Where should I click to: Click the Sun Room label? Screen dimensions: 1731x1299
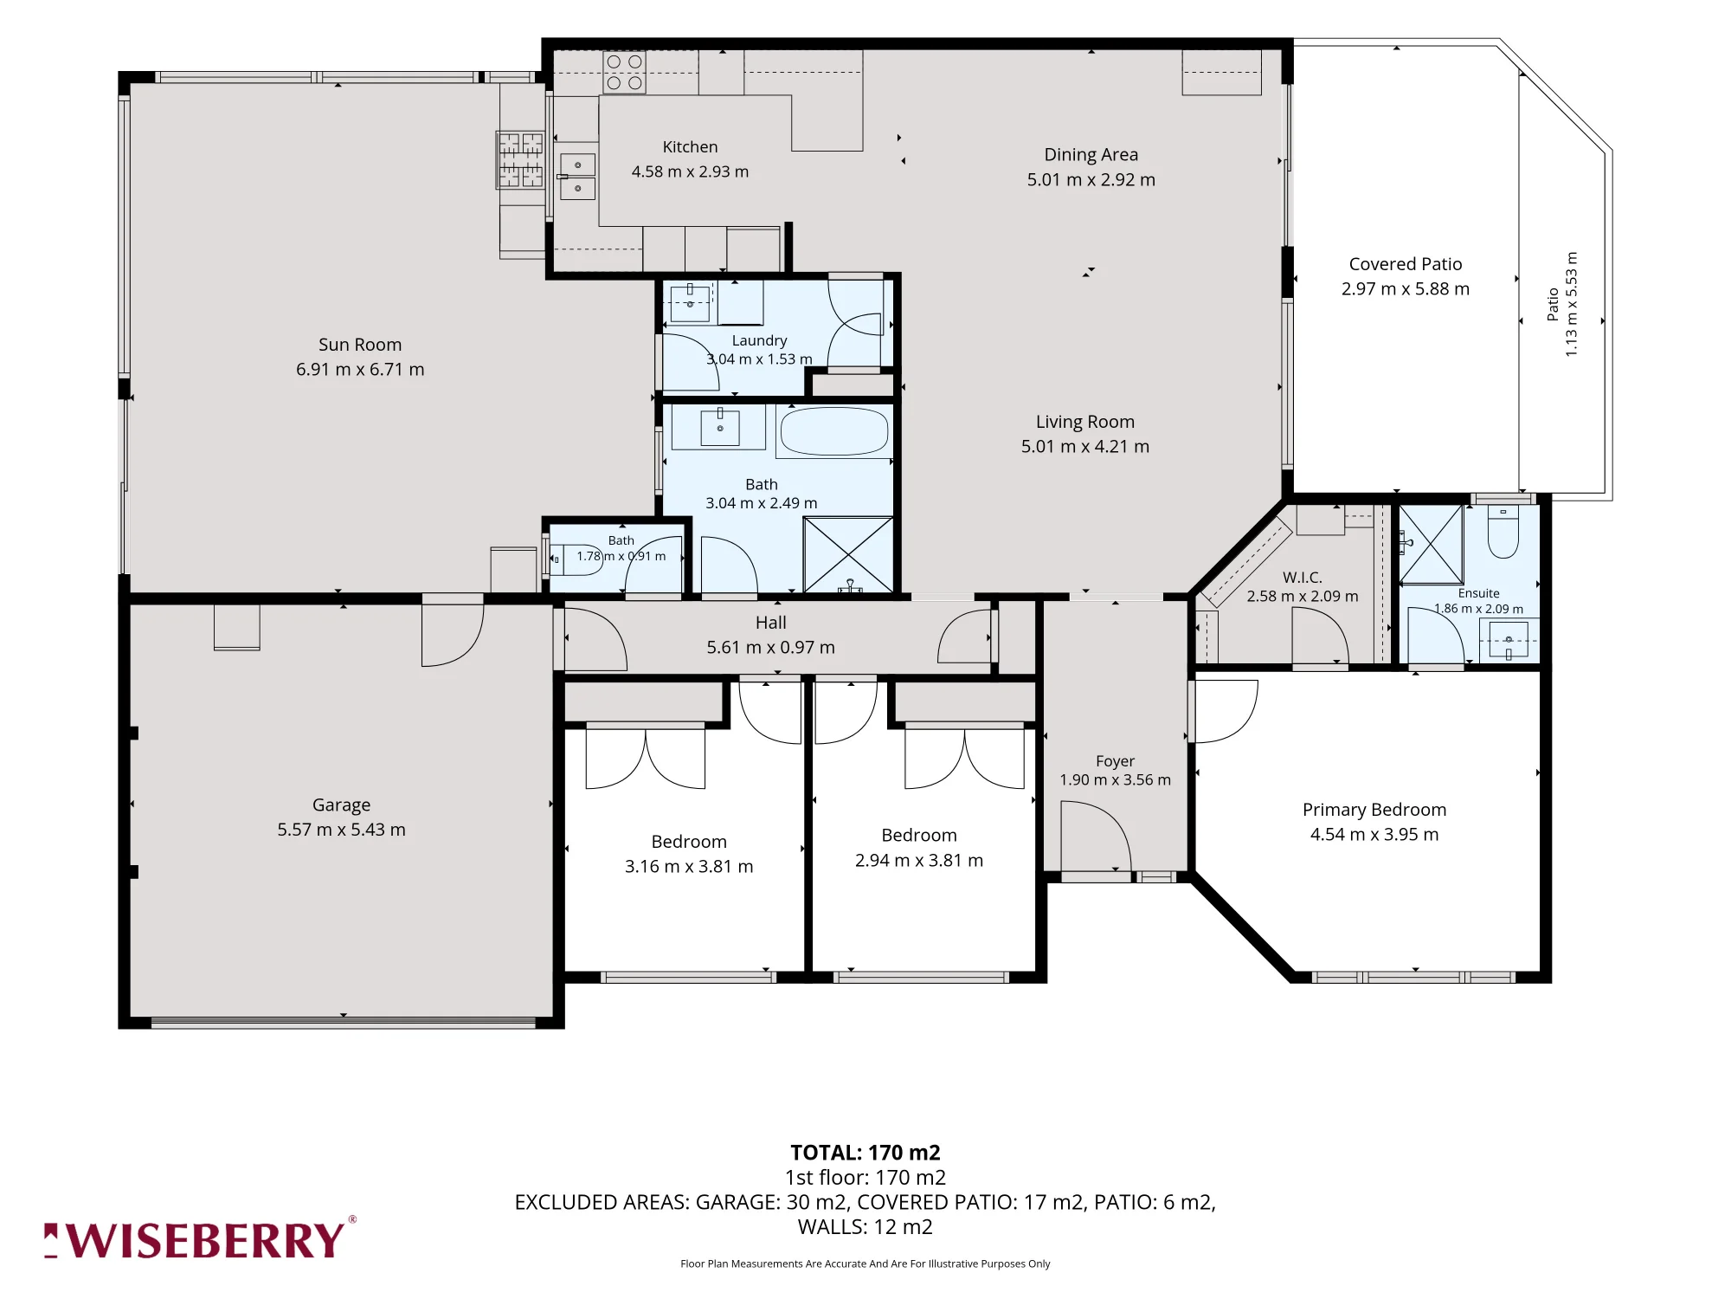(x=360, y=345)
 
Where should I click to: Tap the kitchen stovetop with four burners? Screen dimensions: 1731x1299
(x=624, y=73)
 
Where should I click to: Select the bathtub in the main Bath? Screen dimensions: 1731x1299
(x=833, y=431)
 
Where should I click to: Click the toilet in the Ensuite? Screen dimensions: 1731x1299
(x=1503, y=532)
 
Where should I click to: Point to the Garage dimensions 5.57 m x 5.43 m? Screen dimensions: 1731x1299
(x=341, y=830)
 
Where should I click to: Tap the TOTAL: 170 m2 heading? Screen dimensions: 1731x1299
(x=865, y=1153)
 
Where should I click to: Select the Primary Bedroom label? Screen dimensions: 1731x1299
(x=1374, y=810)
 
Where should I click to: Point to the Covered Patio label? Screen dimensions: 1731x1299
(x=1406, y=264)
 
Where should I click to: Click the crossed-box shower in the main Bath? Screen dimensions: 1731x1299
(x=848, y=555)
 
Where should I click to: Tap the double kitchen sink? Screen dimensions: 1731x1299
(x=577, y=177)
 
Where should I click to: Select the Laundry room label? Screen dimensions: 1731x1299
(x=759, y=340)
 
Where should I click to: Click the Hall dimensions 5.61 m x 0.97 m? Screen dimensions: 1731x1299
(x=770, y=647)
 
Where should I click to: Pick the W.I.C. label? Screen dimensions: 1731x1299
(x=1303, y=577)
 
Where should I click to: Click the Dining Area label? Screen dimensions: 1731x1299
(x=1091, y=155)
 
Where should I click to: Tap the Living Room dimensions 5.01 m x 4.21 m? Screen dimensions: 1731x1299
(x=1085, y=447)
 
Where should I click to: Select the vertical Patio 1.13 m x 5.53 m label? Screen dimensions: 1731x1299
(x=1562, y=304)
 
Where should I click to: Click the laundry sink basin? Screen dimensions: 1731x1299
(x=690, y=303)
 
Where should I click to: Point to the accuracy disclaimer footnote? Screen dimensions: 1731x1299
(x=865, y=1263)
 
